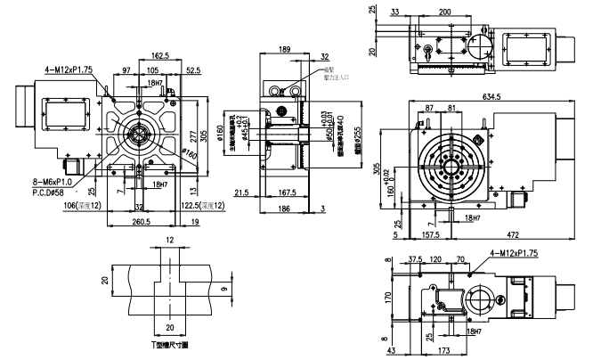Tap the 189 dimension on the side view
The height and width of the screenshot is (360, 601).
coord(284,49)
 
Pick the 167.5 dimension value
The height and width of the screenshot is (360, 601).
coord(288,192)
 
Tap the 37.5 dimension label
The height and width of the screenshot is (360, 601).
coord(414,259)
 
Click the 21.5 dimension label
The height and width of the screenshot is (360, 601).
coord(241,192)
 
